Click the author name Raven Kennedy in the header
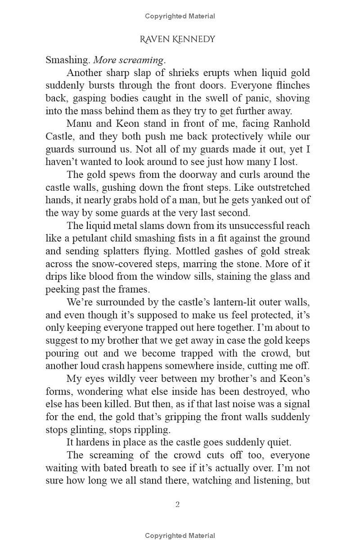(x=177, y=40)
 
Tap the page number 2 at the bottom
(x=177, y=504)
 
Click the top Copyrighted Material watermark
(x=180, y=16)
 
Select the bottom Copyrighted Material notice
(x=180, y=535)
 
